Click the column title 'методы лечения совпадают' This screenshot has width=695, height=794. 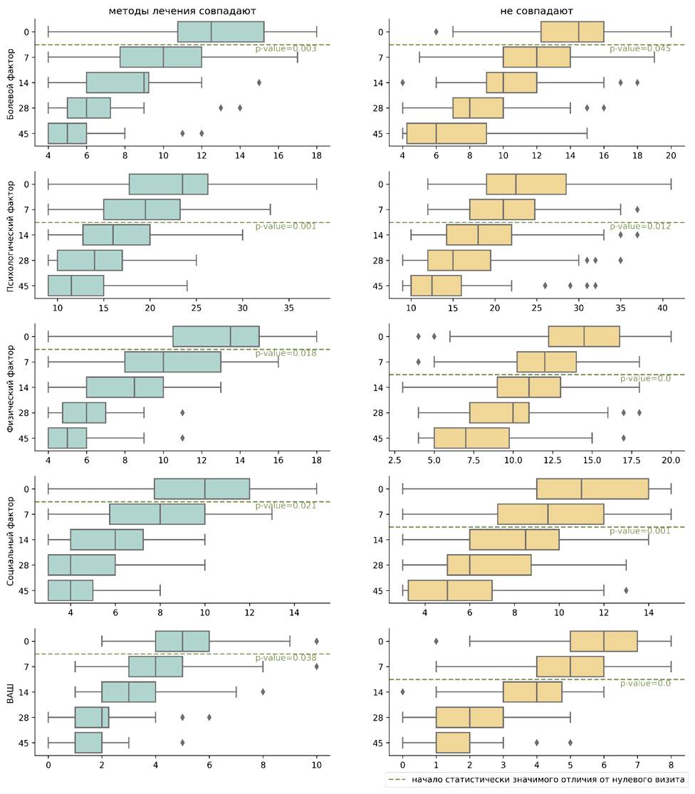182,11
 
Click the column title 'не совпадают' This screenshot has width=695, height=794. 537,11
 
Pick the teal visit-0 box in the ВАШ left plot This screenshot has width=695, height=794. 182,641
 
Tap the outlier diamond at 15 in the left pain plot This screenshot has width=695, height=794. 259,83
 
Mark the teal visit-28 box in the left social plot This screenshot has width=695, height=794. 81,565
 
